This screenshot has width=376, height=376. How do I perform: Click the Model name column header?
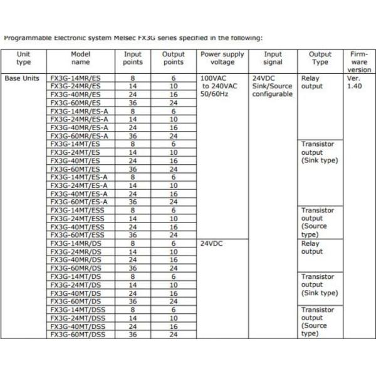tap(81, 58)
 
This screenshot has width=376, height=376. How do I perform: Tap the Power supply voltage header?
tap(222, 58)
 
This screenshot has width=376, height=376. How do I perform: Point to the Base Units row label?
tap(23, 78)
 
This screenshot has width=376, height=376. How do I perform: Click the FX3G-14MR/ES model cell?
tap(75, 78)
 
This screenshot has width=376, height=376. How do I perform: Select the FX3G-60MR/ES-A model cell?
tap(79, 136)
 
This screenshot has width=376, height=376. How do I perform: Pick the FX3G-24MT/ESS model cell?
tap(76, 219)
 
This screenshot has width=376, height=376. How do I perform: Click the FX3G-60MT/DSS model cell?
tap(77, 335)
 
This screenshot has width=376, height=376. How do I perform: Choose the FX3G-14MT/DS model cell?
tap(74, 276)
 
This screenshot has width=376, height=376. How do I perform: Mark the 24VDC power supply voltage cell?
tap(212, 243)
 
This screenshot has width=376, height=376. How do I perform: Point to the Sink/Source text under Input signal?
tap(273, 86)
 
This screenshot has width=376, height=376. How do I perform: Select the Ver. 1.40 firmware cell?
tap(353, 82)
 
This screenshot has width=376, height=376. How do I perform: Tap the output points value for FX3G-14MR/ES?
tap(173, 78)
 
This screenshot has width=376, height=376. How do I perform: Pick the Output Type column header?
tap(320, 58)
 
